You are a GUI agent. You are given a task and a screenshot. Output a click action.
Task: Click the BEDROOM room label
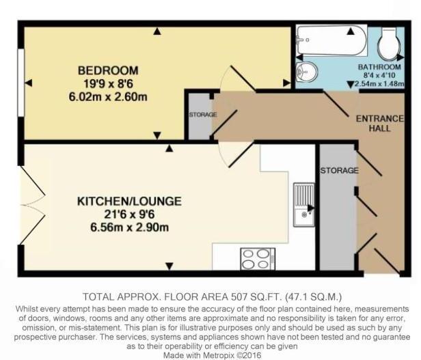pos(107,70)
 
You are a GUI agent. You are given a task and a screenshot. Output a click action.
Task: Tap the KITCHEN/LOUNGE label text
pos(128,202)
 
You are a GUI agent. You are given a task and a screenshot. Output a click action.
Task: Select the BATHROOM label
pos(379,68)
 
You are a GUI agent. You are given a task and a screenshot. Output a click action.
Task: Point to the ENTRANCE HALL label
pos(379,124)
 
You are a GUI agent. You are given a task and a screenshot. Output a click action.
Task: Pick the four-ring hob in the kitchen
pos(254,259)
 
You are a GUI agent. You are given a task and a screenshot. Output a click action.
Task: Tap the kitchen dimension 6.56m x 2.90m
pos(128,227)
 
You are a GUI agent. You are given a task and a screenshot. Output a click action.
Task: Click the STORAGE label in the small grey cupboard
pos(203,114)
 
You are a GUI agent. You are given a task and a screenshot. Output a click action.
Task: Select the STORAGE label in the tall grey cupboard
pos(338,169)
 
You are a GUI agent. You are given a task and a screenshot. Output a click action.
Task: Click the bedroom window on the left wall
pos(20,83)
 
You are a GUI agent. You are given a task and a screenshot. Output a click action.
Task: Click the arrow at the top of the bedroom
pos(157,30)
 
